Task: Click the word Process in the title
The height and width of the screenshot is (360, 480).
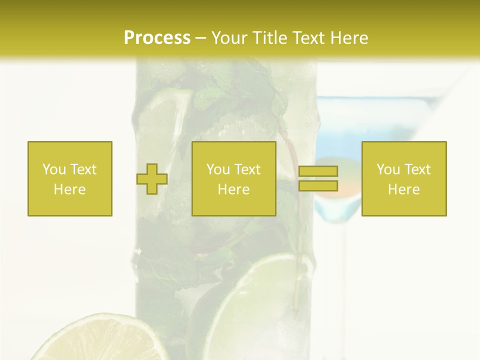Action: coord(157,38)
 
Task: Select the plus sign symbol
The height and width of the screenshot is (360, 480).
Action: coord(152,179)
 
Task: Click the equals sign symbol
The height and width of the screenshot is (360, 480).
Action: coord(318,179)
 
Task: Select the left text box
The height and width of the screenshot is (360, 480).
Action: coord(70,178)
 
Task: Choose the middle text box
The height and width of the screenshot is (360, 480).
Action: coord(234,178)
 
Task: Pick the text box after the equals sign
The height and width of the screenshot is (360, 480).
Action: coord(404,178)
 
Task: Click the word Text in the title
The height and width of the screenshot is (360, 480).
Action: coord(308,38)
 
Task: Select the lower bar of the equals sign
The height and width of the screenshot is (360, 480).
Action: coord(318,186)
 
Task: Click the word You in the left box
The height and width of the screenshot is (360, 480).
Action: coord(54,169)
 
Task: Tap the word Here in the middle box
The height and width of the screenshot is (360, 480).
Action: coord(234,189)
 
